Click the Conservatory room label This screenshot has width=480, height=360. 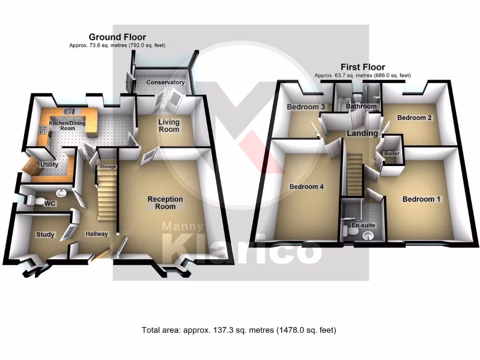[x=165, y=82]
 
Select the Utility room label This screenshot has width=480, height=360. [x=49, y=165]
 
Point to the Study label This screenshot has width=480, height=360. [x=45, y=234]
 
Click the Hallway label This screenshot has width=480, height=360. [x=97, y=234]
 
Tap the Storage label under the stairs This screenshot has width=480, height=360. [x=107, y=167]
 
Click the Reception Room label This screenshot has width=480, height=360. [x=165, y=202]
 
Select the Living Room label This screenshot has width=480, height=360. [x=169, y=126]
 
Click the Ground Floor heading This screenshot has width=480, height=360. [x=117, y=37]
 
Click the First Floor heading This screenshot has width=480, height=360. [x=362, y=67]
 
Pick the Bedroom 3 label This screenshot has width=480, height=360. [x=306, y=107]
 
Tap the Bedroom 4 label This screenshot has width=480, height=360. [x=306, y=187]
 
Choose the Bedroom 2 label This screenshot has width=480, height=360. [x=414, y=118]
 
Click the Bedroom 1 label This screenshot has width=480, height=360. [x=421, y=199]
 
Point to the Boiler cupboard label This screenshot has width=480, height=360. [x=391, y=154]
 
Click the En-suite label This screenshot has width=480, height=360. [x=364, y=225]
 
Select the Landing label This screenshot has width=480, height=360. [x=362, y=134]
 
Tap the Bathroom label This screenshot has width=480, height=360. [x=360, y=106]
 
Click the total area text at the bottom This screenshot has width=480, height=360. [x=239, y=330]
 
